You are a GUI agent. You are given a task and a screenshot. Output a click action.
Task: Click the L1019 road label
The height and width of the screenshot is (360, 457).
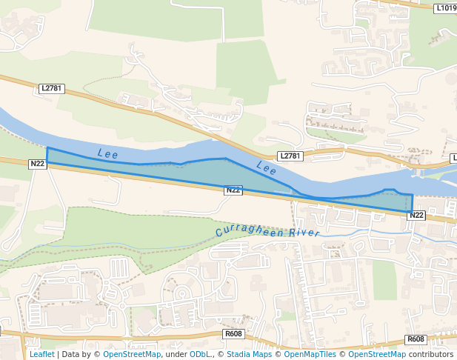(x=446, y=8)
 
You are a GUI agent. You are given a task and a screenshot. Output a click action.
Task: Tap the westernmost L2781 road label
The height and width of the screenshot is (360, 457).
(x=52, y=88)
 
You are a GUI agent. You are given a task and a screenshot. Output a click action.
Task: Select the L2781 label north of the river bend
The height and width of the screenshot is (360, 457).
(x=290, y=156)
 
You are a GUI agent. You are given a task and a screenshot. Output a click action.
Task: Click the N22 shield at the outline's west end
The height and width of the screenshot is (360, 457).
(x=37, y=164)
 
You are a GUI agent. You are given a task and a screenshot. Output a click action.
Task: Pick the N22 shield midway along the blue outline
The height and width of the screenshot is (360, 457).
(x=233, y=190)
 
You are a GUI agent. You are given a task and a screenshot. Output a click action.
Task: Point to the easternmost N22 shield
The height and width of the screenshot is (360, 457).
(x=416, y=215)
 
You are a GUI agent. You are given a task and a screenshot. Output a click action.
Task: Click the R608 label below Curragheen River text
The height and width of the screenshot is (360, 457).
(x=233, y=334)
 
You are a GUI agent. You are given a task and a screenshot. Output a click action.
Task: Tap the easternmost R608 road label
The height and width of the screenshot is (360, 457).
(x=416, y=339)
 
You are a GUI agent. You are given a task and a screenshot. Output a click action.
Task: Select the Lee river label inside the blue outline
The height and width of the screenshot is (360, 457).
(x=107, y=153)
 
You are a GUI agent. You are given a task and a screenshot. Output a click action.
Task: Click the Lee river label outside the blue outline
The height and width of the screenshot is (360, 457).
(x=267, y=168)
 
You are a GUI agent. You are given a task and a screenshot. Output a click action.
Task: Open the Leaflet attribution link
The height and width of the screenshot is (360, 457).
(x=42, y=354)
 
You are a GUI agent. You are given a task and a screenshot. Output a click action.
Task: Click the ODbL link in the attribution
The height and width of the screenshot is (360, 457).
(x=199, y=354)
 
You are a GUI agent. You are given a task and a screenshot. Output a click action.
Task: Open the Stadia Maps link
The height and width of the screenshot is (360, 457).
(x=249, y=354)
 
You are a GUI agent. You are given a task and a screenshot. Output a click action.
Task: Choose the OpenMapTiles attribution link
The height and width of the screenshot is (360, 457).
(x=307, y=354)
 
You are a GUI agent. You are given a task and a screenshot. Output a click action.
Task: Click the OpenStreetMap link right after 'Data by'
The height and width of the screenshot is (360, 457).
(x=132, y=354)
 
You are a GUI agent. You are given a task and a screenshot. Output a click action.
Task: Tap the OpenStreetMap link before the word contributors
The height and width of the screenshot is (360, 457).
(x=378, y=354)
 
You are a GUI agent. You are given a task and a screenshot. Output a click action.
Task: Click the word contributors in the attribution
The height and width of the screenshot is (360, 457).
(x=431, y=354)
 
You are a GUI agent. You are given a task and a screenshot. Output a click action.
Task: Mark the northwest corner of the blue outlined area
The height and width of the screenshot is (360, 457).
(x=47, y=148)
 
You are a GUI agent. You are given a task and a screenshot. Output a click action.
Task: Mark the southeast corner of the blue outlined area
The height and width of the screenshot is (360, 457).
(x=412, y=213)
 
